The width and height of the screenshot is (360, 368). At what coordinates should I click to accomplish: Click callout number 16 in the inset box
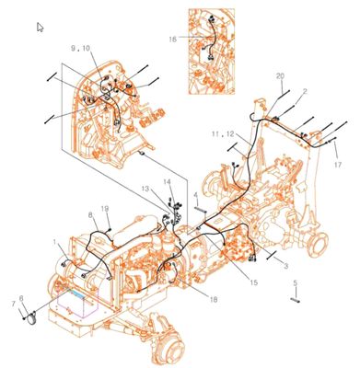172,39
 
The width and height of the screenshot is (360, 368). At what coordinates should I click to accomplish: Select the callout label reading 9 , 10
81,47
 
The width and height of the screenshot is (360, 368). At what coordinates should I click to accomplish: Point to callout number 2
305,91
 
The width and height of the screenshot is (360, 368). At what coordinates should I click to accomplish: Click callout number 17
338,166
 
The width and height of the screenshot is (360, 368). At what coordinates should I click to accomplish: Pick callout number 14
167,182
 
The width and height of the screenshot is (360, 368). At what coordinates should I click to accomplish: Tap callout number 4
196,195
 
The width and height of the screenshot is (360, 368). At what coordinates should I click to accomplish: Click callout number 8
90,214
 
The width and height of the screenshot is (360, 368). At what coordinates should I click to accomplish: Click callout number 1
57,243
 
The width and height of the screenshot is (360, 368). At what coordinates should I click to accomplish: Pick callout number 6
21,298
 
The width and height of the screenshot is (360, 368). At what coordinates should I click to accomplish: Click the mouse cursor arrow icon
40,27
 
